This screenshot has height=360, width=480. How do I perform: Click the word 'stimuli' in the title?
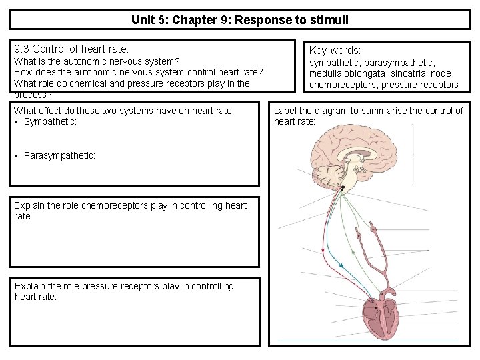(329, 19)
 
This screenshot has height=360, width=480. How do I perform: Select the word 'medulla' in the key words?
(326, 73)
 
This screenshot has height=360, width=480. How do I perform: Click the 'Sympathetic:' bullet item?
(50, 121)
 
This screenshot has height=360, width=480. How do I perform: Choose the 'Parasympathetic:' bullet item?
(59, 155)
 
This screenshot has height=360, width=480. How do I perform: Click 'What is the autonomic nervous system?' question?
(97, 61)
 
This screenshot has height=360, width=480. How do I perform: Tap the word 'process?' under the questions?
(32, 95)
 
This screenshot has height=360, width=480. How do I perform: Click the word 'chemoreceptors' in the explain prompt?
(112, 205)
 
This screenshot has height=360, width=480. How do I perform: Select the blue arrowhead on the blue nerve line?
(341, 265)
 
